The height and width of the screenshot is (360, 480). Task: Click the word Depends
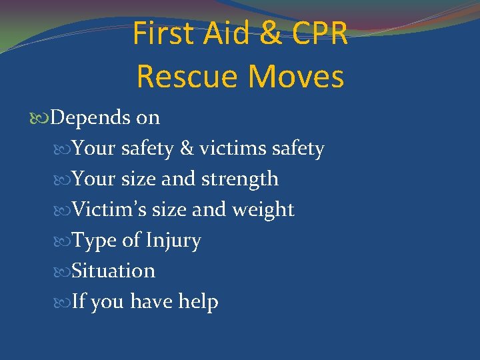click(91, 118)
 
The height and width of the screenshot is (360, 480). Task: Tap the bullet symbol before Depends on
click(41, 119)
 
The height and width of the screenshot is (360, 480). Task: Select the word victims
click(233, 148)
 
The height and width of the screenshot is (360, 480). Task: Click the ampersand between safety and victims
click(187, 148)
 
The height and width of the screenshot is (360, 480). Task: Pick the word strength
click(240, 179)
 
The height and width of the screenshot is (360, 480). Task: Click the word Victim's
click(109, 209)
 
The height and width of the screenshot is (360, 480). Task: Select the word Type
click(95, 241)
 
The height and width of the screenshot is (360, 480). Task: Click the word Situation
click(113, 271)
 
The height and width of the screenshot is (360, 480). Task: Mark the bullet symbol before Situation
click(63, 272)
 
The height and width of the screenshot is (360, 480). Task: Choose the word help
click(198, 302)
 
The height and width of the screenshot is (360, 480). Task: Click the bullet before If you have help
click(63, 303)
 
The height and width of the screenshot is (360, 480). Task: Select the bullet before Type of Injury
click(63, 241)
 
